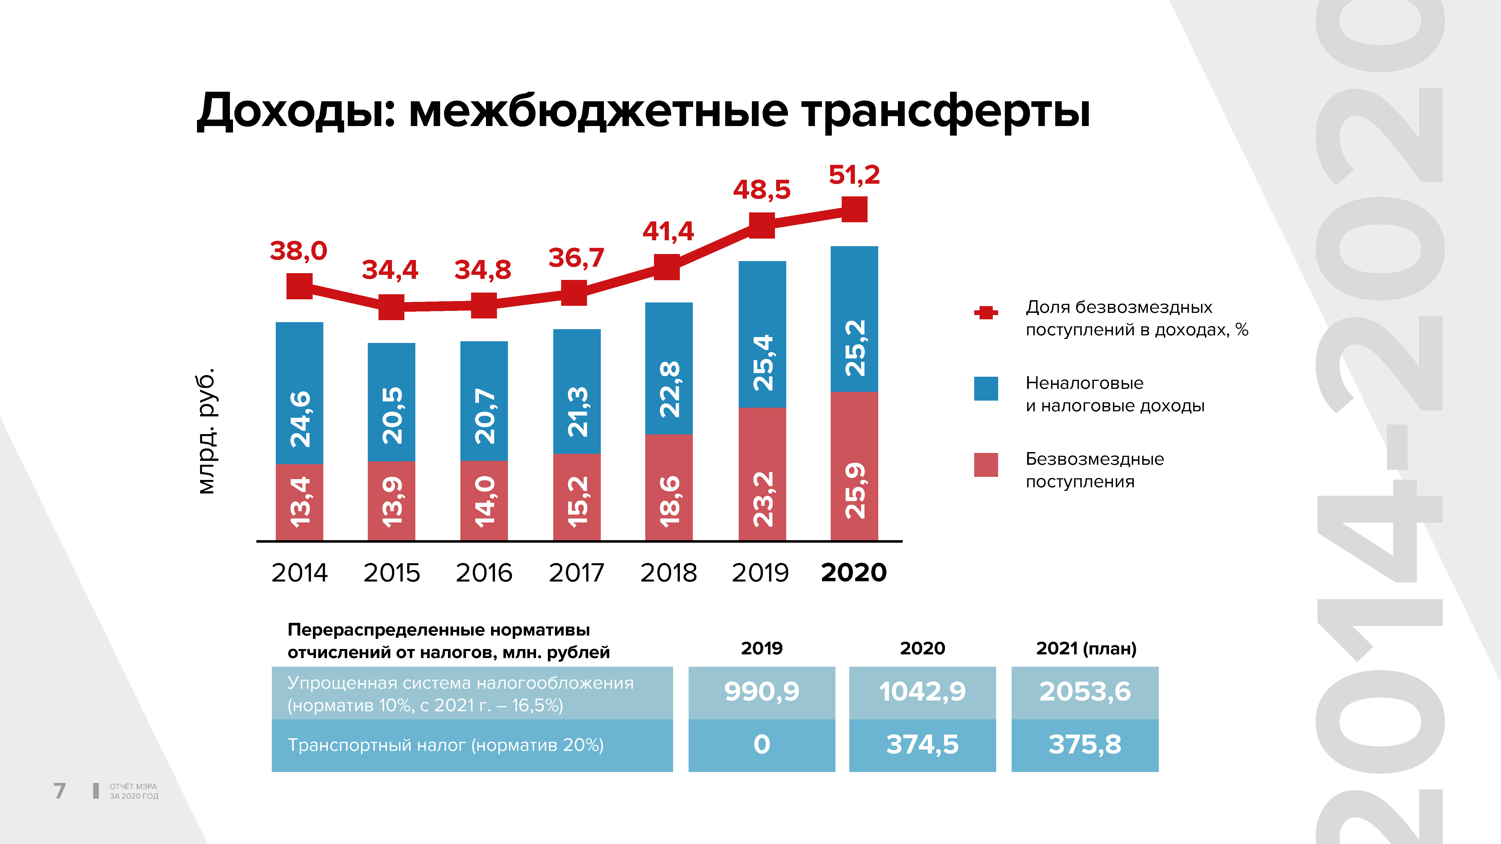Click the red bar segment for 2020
[854, 466]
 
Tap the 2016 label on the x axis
[484, 573]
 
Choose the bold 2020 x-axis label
[854, 573]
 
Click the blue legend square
[986, 389]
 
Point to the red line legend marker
[986, 313]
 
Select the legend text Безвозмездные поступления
[1094, 470]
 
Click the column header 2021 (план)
[1086, 648]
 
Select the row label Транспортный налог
[446, 745]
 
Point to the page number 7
[59, 791]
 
